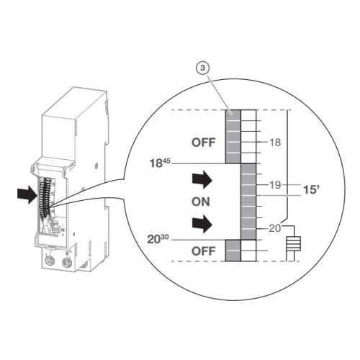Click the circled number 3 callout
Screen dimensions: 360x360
pos(203,68)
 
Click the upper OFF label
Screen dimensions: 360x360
pos(203,143)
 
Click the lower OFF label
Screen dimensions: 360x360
pos(203,251)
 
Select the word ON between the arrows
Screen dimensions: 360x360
pos(201,202)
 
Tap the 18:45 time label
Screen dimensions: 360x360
pos(160,163)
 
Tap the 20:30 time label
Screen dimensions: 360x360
pos(158,239)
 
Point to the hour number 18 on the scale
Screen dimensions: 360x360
pos(275,143)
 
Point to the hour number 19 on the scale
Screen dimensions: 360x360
pos(275,185)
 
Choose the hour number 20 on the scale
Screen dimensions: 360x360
pos(275,228)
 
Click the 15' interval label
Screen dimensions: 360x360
pos(311,189)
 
